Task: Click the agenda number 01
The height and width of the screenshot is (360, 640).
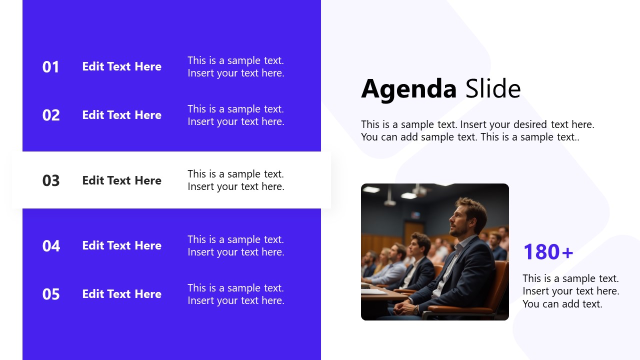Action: [50, 67]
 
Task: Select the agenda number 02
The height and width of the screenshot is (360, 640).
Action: [50, 115]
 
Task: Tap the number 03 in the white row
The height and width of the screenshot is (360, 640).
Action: [50, 180]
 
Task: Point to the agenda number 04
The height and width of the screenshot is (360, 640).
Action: [50, 246]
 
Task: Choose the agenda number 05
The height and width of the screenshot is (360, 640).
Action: [50, 294]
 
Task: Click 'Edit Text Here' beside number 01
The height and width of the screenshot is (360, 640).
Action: [121, 66]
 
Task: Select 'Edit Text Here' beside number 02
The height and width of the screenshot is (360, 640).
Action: [121, 115]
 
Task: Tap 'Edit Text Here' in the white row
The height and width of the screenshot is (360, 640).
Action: [121, 180]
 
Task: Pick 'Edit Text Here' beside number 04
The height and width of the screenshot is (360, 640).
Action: [121, 245]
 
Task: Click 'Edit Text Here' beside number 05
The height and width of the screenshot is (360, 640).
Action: [121, 294]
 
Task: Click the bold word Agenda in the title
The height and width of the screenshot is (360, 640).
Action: [408, 89]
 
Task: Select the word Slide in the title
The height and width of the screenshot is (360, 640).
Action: [493, 89]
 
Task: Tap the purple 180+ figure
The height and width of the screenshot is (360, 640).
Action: [548, 252]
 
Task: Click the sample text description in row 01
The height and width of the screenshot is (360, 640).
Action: [235, 67]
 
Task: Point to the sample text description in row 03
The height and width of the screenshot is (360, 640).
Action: [235, 180]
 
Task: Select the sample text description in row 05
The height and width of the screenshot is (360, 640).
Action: [235, 294]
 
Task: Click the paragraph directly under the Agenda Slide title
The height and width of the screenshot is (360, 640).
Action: [477, 130]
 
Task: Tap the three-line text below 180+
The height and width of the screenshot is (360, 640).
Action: [570, 291]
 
